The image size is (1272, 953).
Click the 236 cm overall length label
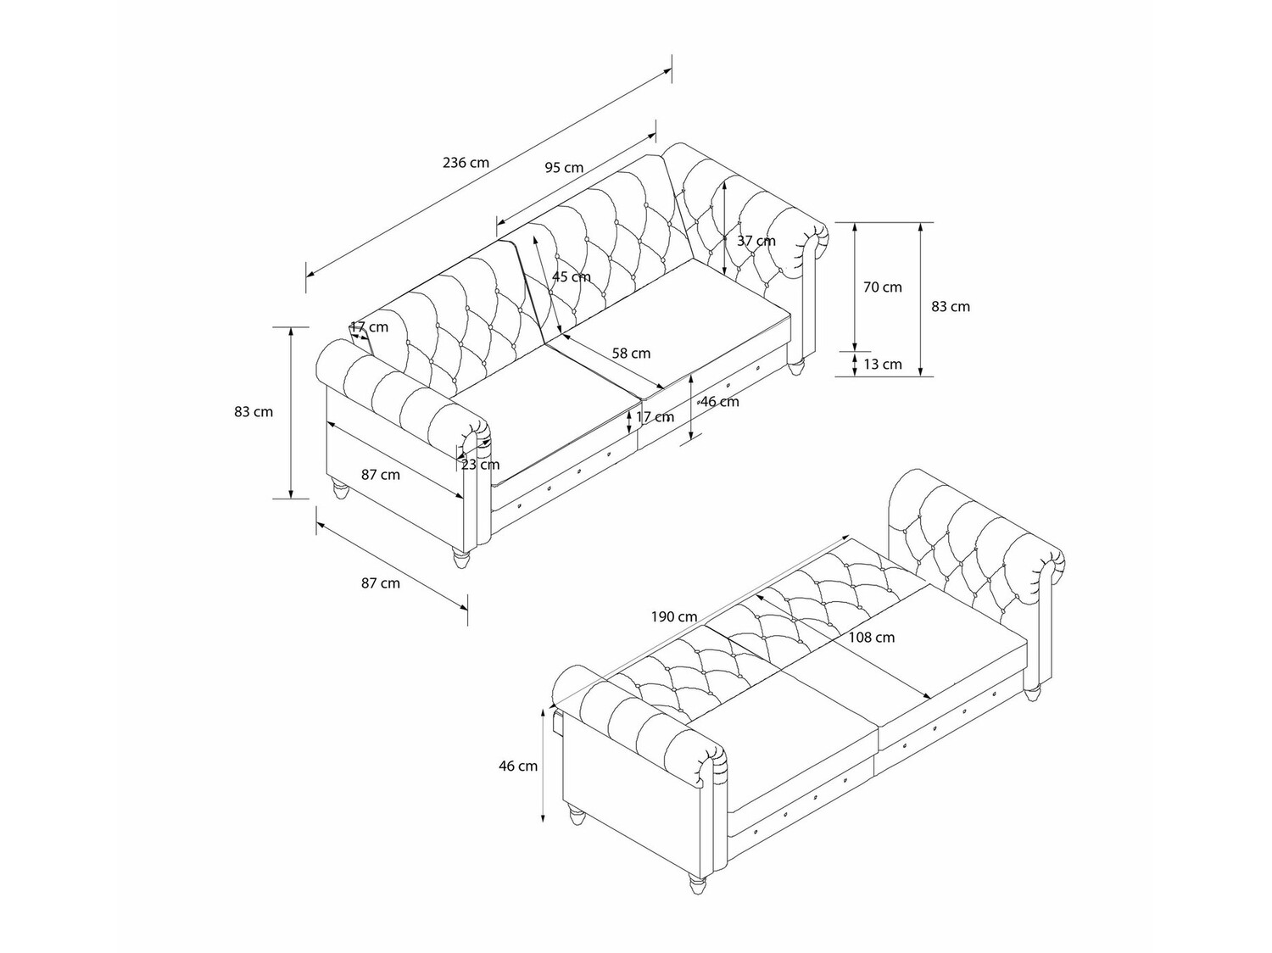(466, 162)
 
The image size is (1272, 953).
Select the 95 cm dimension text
(564, 167)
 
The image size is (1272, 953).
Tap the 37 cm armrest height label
(756, 241)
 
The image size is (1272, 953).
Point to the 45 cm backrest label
(572, 276)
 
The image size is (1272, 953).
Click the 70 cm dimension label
(883, 287)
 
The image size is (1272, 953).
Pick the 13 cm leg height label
(883, 364)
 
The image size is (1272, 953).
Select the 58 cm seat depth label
(631, 353)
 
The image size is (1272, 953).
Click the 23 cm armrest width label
(481, 464)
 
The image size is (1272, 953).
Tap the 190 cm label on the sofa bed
(674, 616)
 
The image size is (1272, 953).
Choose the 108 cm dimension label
(872, 638)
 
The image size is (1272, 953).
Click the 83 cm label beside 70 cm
(951, 306)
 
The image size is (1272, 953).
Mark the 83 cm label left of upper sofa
(254, 412)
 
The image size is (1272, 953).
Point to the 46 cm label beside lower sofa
(518, 766)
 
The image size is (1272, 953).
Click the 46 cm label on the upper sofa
(720, 402)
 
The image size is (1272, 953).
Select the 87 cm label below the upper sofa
(381, 582)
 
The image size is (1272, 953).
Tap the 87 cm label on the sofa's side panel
(381, 475)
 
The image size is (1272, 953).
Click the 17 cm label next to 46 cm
(655, 416)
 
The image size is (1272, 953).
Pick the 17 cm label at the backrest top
(369, 326)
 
